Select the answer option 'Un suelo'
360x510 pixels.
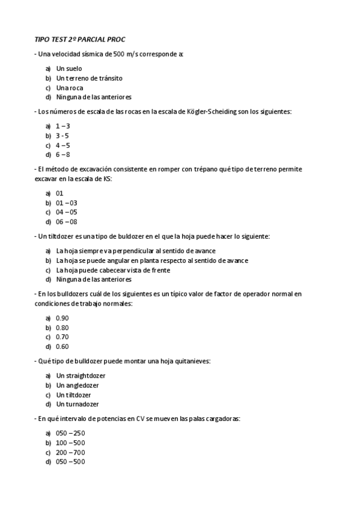pos(69,69)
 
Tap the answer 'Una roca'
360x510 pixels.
pos(70,88)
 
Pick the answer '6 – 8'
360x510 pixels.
pos(63,155)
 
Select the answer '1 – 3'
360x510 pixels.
pos(63,126)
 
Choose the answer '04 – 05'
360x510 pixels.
pos(67,212)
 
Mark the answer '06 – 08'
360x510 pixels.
pos(67,222)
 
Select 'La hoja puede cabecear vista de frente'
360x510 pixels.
pos(113,270)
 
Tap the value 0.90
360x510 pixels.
pos(63,318)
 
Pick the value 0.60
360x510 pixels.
pos(63,346)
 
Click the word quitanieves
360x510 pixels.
pos(191,361)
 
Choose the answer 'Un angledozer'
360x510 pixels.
pos(78,385)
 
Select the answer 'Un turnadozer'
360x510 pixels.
pos(78,404)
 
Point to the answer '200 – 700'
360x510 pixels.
pos(70,452)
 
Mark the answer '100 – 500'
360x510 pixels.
pos(70,443)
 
